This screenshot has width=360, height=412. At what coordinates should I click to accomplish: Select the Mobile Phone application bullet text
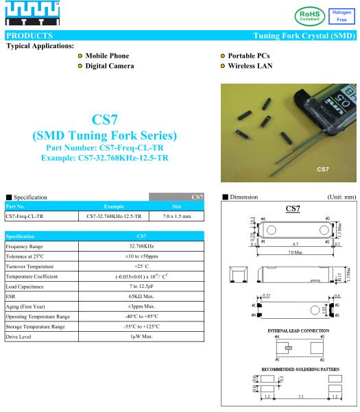coord(106,56)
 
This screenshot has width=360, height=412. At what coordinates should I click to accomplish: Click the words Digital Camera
coord(109,66)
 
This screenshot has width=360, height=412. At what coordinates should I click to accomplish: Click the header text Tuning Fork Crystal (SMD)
coord(302,35)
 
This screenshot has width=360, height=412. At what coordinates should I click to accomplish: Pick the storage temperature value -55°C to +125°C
coord(141,327)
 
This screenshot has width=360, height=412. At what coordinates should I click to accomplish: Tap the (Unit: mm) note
coord(340,197)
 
